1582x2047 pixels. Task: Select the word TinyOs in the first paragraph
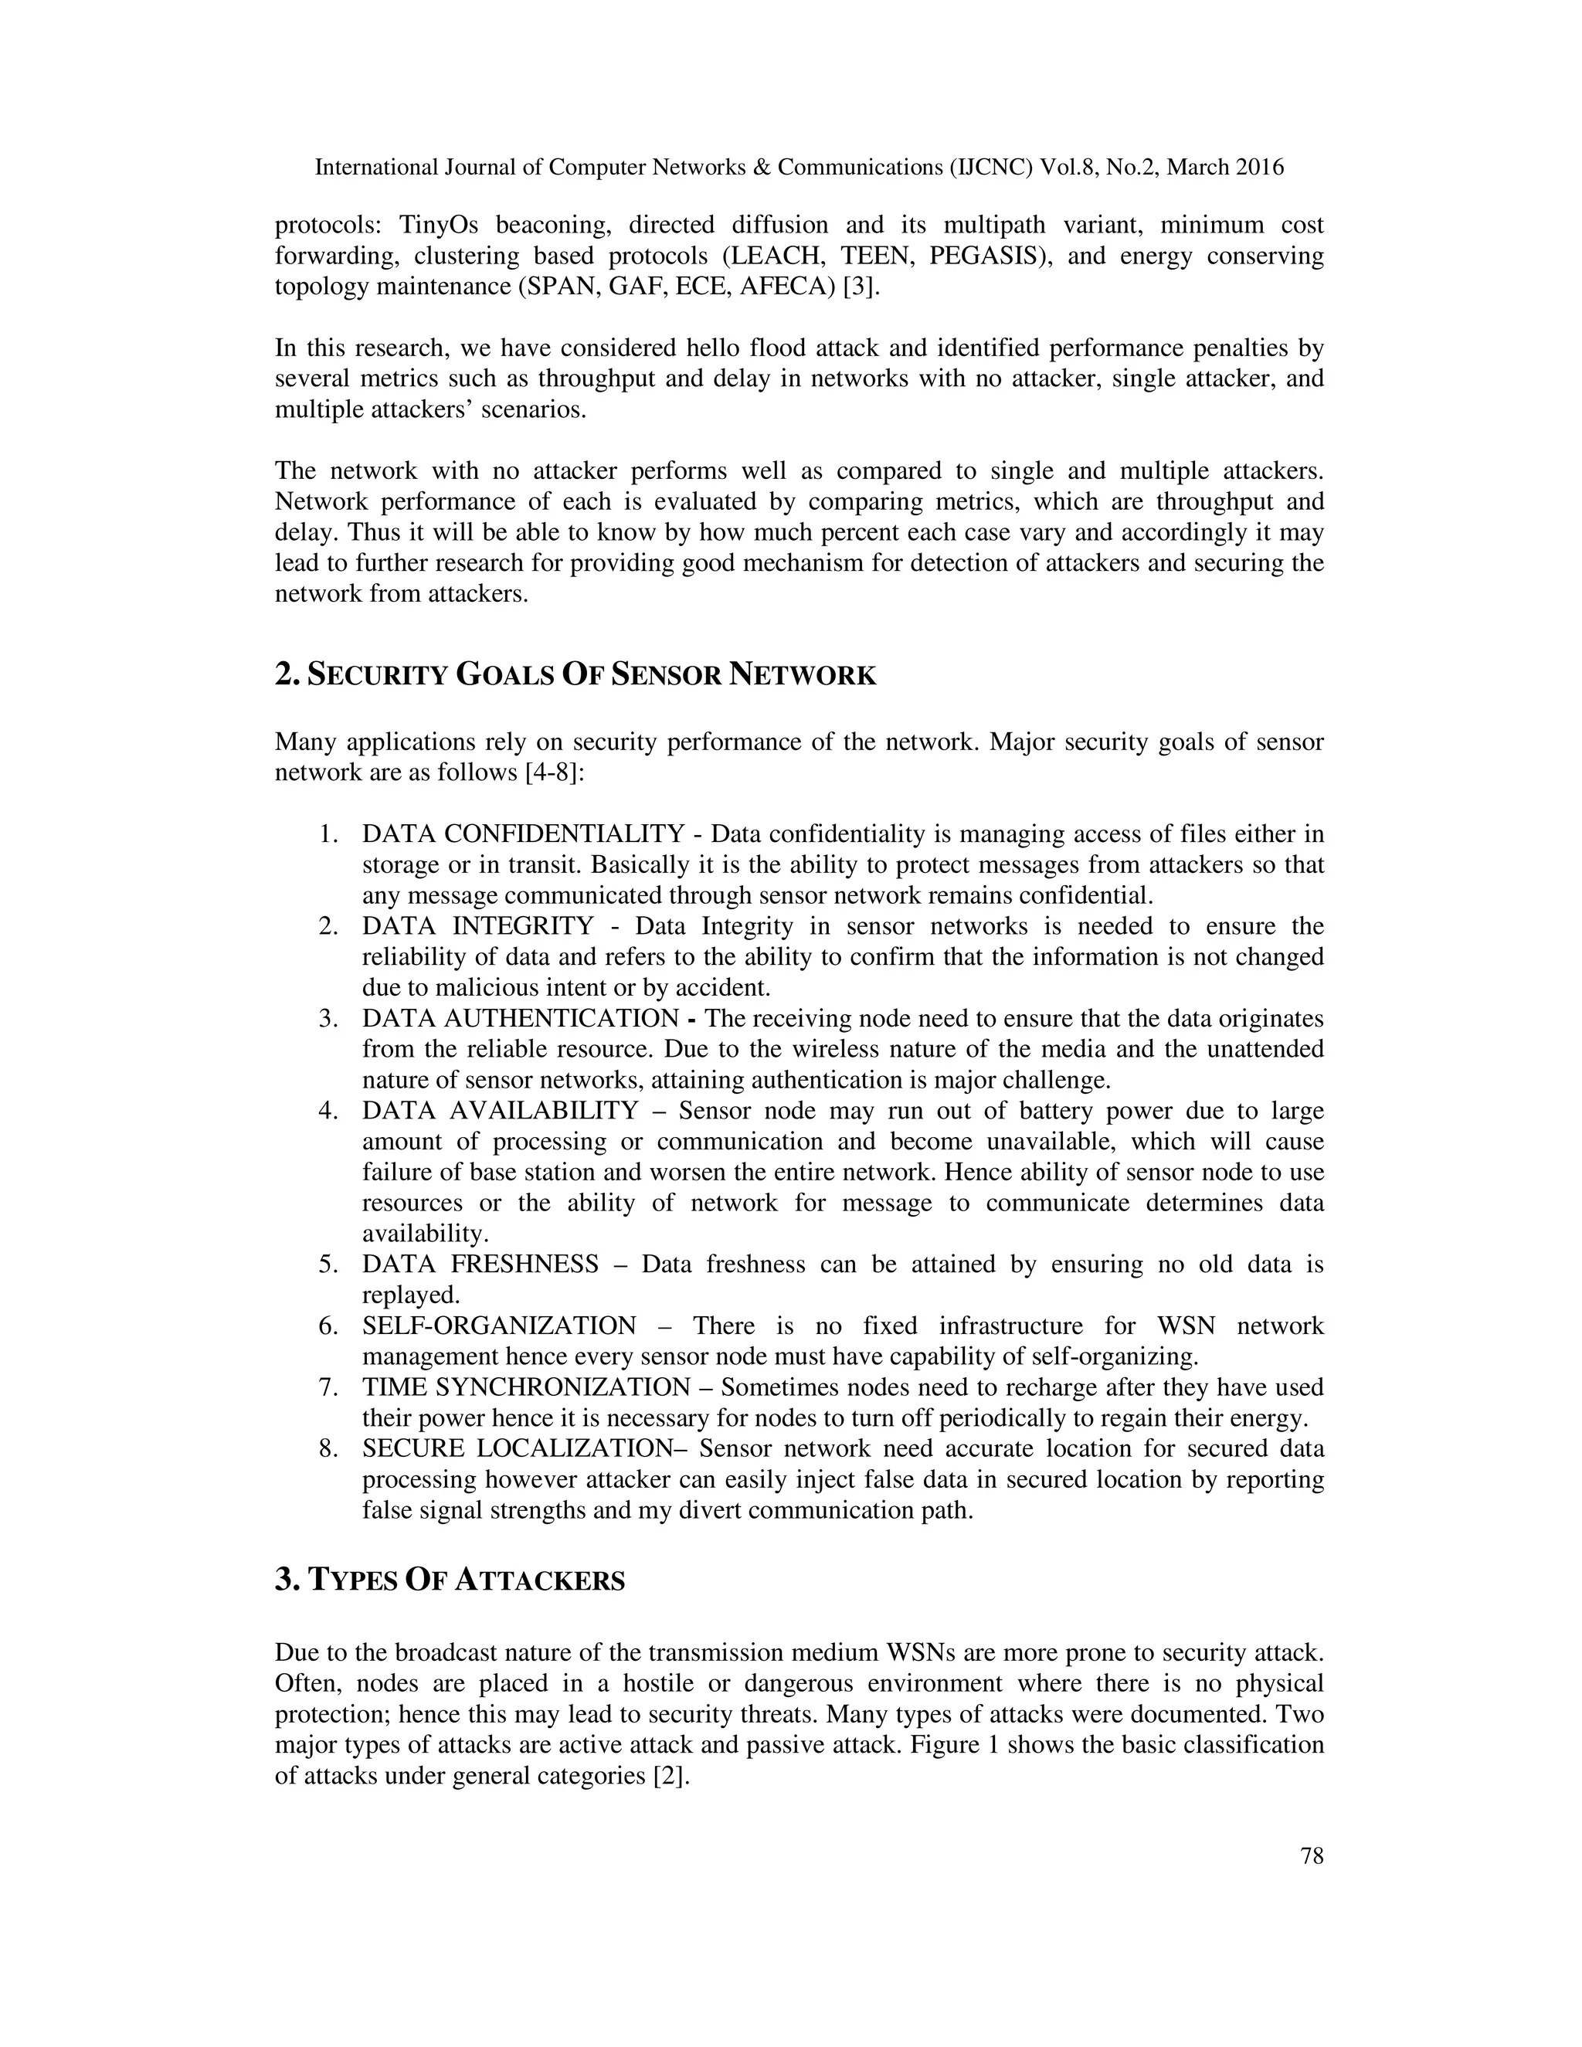[439, 225]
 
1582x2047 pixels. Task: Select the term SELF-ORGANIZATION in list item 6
[498, 1326]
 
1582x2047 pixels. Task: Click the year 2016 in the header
[1260, 168]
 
